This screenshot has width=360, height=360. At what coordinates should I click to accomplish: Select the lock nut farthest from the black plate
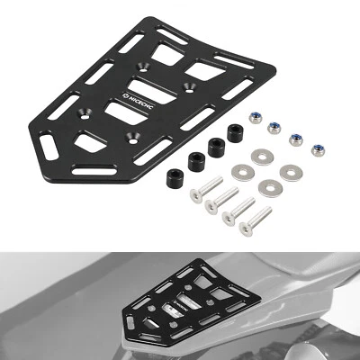coord(317,148)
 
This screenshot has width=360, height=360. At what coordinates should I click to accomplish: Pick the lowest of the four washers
coord(269,187)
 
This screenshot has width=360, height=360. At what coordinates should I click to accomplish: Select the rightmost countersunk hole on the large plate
coord(190,86)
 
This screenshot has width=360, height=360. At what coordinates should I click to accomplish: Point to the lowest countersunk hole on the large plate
coord(134,136)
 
